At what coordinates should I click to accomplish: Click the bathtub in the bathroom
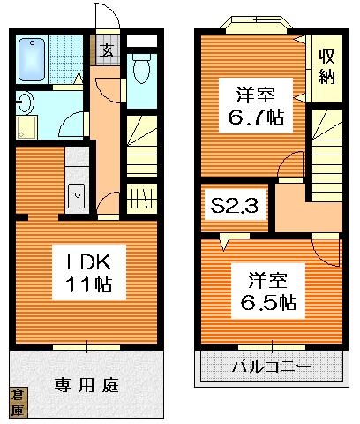tap(34, 59)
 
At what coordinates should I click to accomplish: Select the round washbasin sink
tap(24, 103)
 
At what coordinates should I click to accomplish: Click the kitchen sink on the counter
tap(76, 192)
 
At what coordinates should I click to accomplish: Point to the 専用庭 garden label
tap(87, 386)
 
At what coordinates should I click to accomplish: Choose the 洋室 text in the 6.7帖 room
tap(252, 93)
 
